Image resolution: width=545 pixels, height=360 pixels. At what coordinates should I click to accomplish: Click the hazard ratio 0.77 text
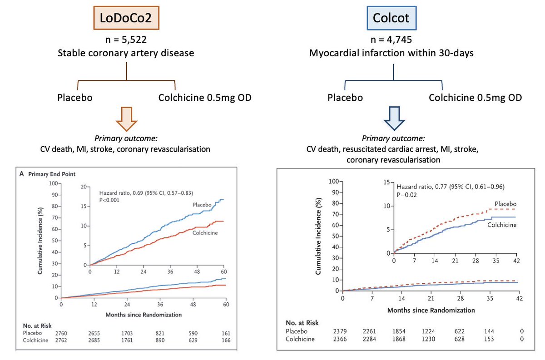click(450, 187)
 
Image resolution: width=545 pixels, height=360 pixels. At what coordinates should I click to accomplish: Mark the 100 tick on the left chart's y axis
click(53, 183)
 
